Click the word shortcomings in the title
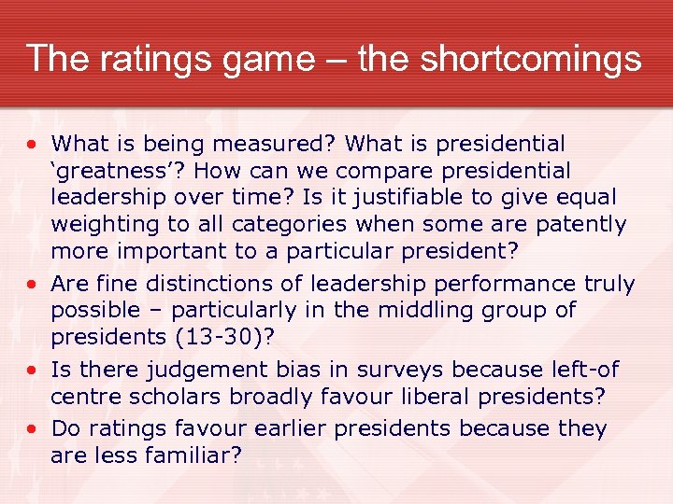(x=531, y=59)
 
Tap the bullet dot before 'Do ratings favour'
(x=33, y=430)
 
